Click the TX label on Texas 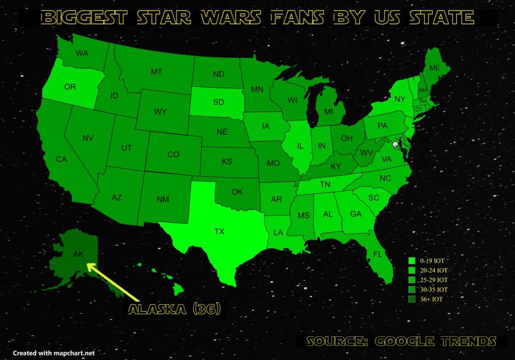click(x=219, y=232)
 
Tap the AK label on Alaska click(x=78, y=254)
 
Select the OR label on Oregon click(x=70, y=87)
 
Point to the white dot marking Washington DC click(x=395, y=144)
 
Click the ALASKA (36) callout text click(x=174, y=309)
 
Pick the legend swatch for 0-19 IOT click(x=411, y=261)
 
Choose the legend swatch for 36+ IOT click(x=411, y=299)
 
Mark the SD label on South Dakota click(x=218, y=102)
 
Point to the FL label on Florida click(x=377, y=254)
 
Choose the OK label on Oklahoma click(x=237, y=192)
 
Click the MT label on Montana click(x=156, y=72)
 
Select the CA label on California click(x=61, y=159)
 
